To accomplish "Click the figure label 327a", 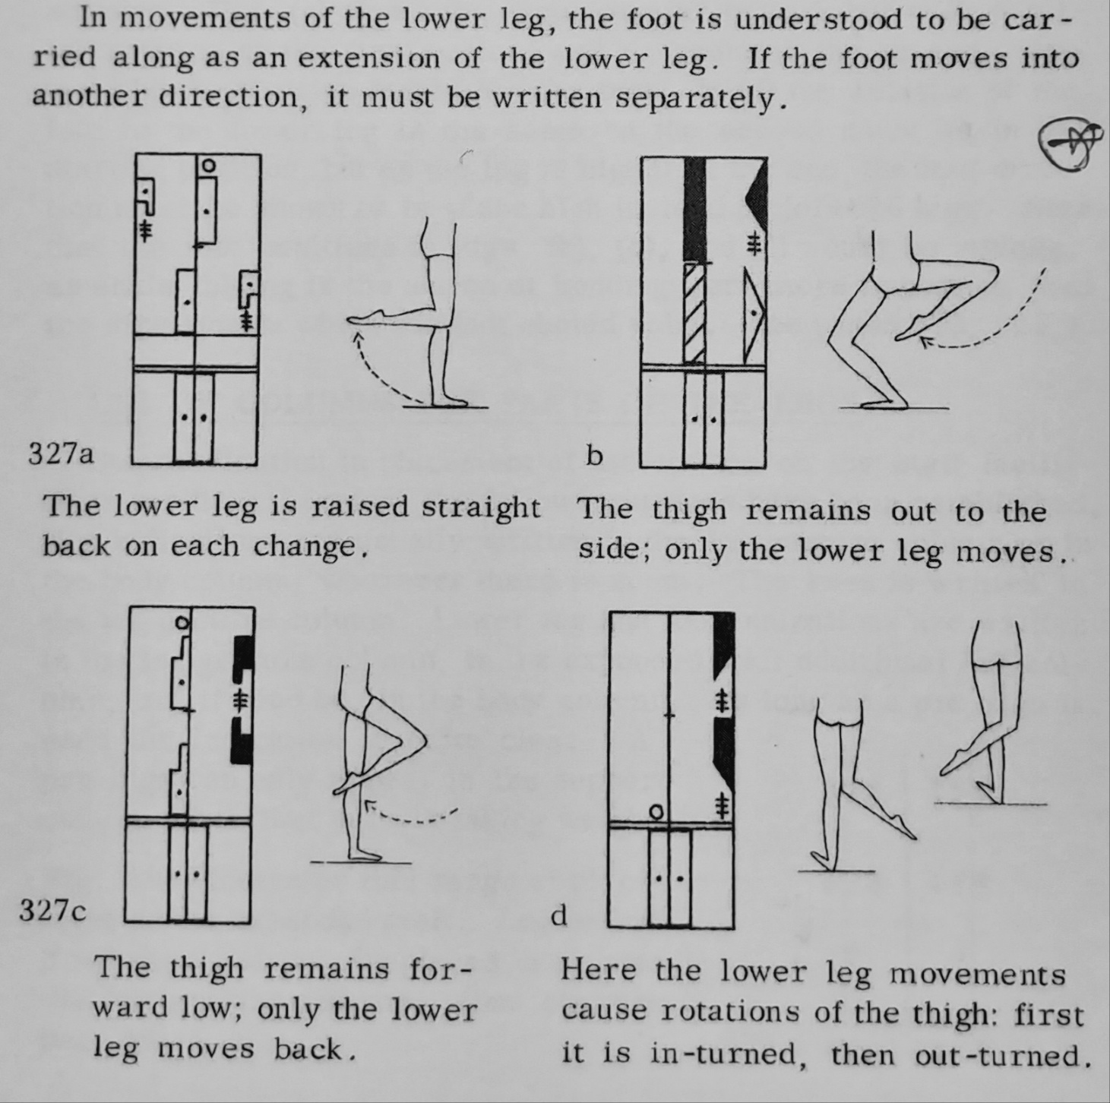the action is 61,454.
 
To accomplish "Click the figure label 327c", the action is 53,910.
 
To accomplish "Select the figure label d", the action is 558,916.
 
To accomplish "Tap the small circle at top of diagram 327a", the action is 206,164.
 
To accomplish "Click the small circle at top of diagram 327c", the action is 181,622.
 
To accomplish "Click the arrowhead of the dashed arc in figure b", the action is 925,343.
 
